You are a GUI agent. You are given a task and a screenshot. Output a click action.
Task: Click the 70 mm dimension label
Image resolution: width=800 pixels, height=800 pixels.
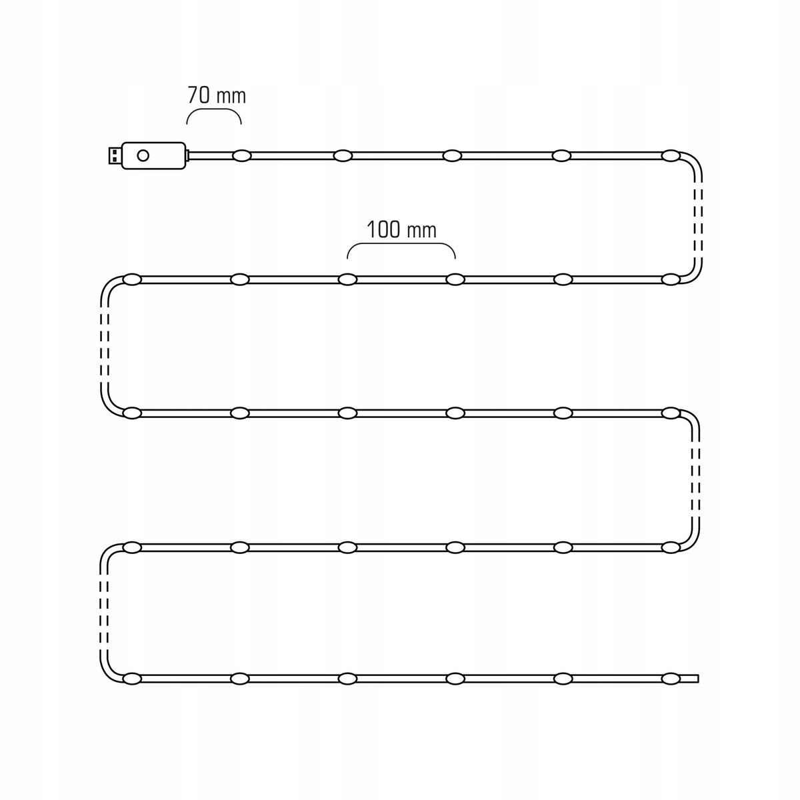click(216, 95)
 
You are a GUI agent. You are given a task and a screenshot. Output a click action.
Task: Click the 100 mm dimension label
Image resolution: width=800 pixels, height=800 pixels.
click(401, 229)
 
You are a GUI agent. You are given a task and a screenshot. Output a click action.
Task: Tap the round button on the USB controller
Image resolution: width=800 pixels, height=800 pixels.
click(143, 156)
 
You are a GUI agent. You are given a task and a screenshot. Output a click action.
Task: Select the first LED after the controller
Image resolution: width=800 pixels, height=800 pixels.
click(242, 156)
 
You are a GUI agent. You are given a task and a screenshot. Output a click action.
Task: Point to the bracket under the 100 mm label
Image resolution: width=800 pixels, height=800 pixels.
click(401, 245)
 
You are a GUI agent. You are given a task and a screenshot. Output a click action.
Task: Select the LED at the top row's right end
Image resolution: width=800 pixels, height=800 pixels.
click(671, 156)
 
